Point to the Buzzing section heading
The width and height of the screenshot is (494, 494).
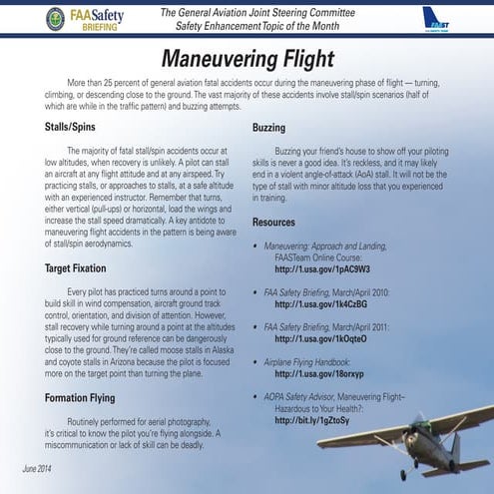pos(268,129)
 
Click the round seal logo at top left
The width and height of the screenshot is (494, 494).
pos(56,19)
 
